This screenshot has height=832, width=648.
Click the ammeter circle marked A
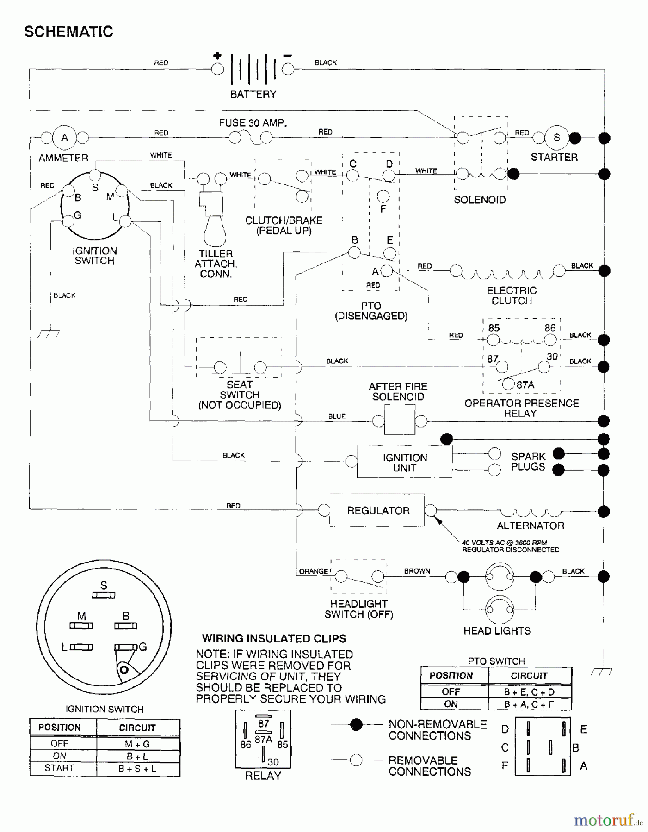click(65, 137)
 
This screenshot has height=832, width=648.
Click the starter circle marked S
click(556, 137)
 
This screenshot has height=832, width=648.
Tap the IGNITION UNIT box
click(404, 462)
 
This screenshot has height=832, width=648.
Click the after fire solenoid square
click(399, 420)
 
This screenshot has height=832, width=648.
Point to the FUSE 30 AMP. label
click(253, 123)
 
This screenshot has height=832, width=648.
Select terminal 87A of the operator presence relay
click(508, 384)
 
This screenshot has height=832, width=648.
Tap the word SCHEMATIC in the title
click(68, 31)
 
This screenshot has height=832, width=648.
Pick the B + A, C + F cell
click(529, 704)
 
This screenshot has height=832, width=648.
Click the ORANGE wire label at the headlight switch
click(313, 571)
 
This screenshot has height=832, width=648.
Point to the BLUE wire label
click(337, 416)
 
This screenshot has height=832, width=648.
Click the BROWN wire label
click(417, 571)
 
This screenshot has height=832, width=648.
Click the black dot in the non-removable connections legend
click(356, 724)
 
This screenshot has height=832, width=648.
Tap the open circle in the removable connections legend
click(356, 760)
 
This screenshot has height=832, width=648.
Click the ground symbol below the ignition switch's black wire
click(49, 334)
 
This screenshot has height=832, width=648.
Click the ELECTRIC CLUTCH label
click(512, 295)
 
